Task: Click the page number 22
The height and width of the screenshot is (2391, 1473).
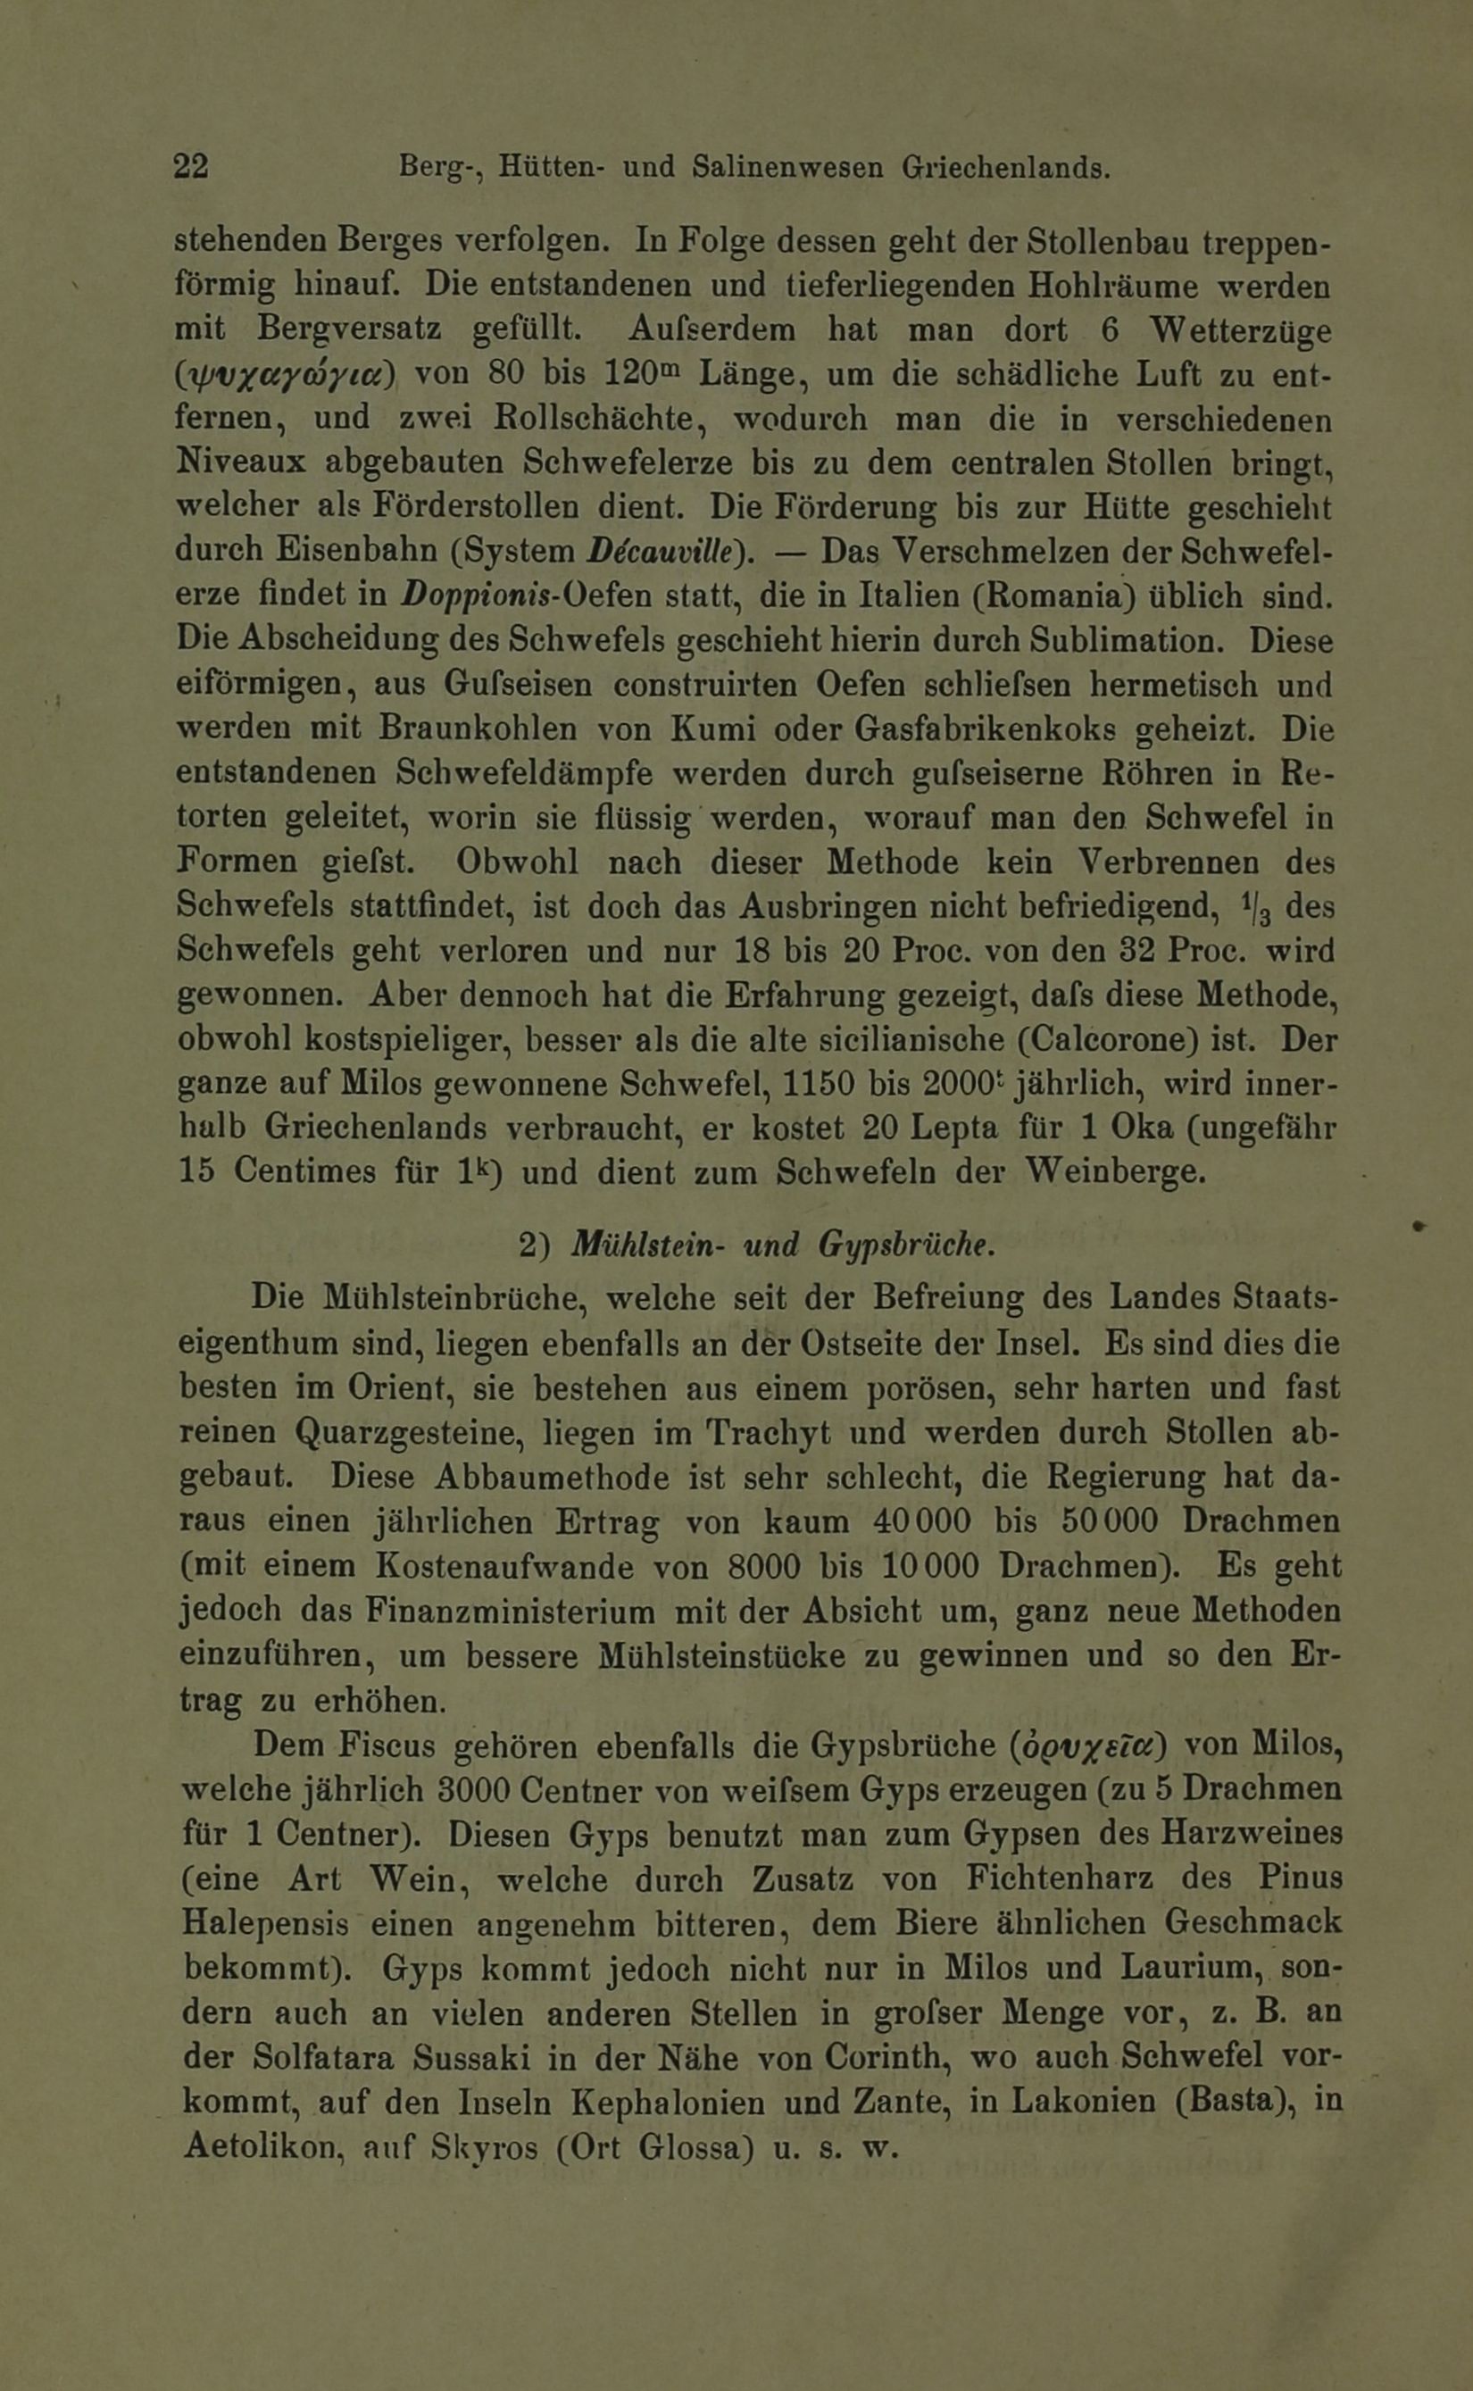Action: coord(191,167)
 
